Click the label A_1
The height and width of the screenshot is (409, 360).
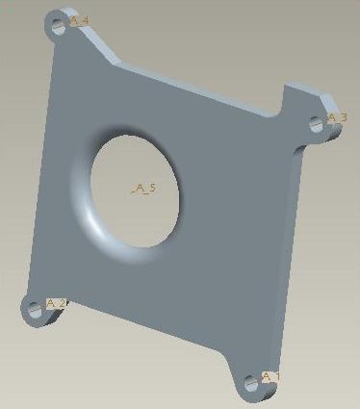click(x=270, y=377)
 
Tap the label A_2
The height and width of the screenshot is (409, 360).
click(x=57, y=303)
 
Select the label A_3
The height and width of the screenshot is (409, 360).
click(x=337, y=118)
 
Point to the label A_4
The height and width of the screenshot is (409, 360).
click(x=79, y=20)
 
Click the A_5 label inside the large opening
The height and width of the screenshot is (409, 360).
click(x=144, y=189)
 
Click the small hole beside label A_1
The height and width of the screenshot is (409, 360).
click(x=251, y=383)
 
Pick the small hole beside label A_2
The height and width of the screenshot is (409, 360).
click(x=35, y=310)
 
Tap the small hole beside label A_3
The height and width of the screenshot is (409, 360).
click(x=317, y=124)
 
